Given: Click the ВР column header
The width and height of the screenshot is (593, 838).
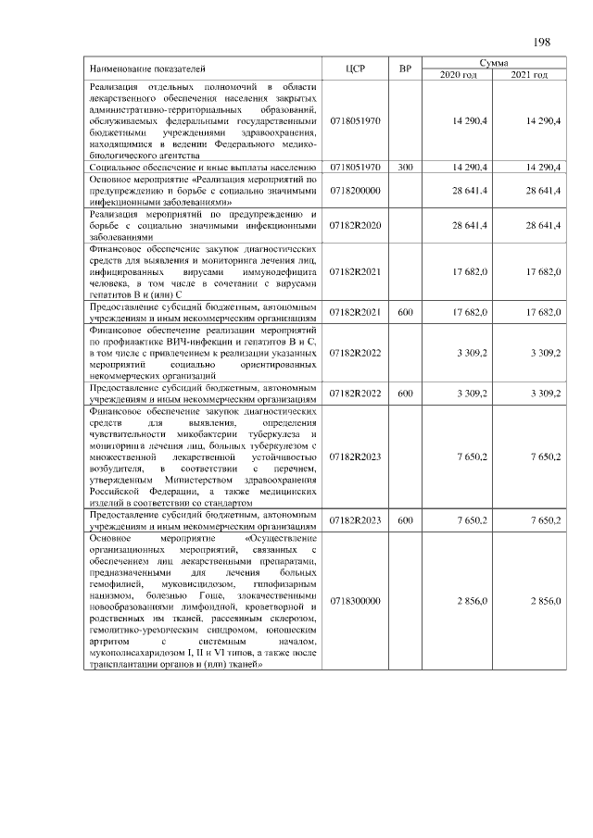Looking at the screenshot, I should [x=405, y=69].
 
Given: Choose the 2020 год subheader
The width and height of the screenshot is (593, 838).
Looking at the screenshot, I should [x=458, y=75].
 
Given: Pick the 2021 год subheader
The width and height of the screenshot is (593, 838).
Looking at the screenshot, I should [x=529, y=75].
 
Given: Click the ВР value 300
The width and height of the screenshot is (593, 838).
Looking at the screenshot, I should [x=405, y=168].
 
